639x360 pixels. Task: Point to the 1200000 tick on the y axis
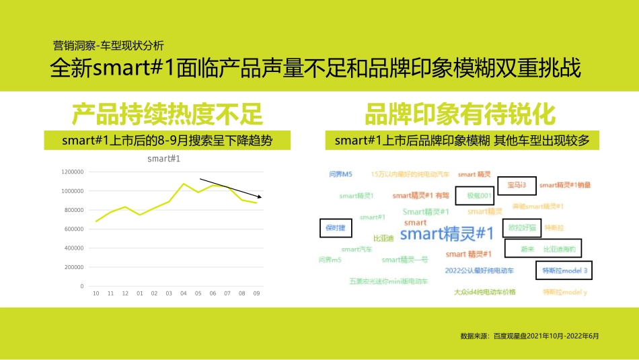72,172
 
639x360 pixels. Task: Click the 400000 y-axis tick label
73,248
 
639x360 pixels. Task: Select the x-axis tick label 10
96,293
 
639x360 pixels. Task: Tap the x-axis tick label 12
125,293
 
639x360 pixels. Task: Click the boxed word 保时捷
335,228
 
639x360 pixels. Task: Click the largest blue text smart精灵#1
447,234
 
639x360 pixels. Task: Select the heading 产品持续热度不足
167,114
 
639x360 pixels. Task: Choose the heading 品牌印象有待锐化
460,114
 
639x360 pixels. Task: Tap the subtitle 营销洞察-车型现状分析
108,46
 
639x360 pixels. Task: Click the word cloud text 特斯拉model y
565,293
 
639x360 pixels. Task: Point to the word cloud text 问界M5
340,174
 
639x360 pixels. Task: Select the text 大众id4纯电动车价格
484,293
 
